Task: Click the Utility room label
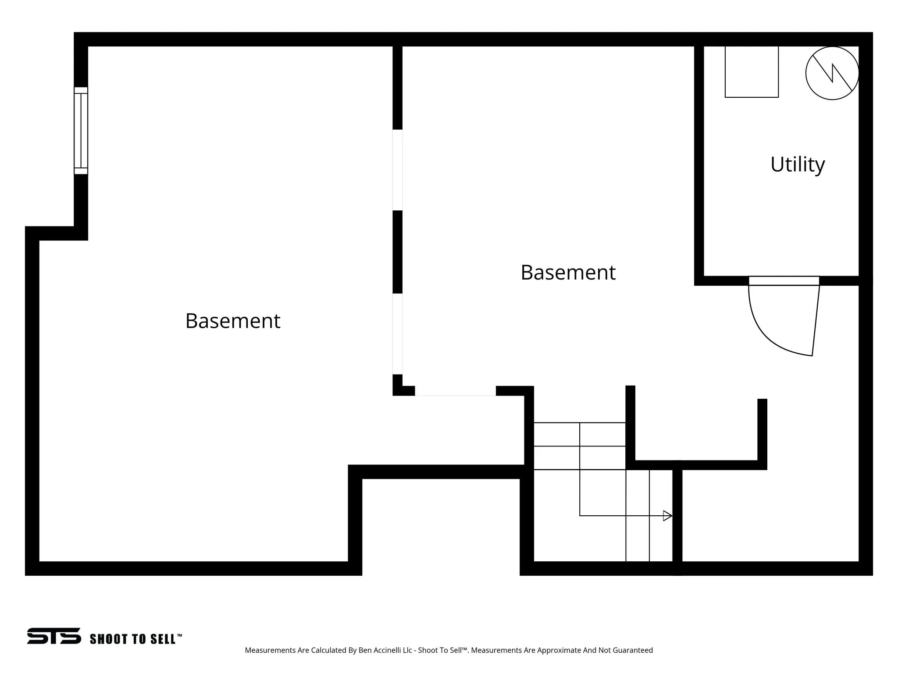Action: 797,165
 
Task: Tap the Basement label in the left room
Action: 232,321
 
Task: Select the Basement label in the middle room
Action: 568,273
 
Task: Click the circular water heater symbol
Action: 832,73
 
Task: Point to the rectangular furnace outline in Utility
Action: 752,72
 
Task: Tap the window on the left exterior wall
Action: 81,131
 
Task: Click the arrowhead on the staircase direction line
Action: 667,516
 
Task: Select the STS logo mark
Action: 54,636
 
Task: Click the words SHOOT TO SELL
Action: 132,639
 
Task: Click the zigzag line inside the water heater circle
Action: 833,73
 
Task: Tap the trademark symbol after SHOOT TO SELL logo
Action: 179,635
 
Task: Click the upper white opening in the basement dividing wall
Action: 397,170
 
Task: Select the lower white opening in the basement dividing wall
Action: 397,334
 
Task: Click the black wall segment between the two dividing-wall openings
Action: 397,252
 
